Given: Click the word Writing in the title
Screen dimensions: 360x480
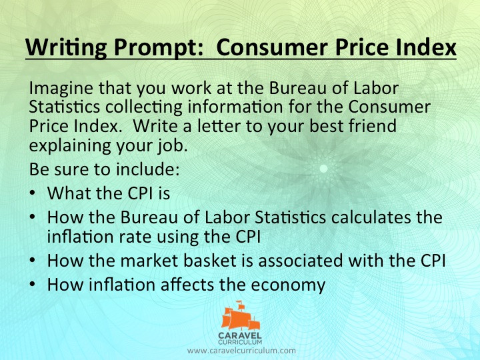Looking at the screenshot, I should point(57,49).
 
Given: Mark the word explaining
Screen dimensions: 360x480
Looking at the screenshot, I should point(68,143).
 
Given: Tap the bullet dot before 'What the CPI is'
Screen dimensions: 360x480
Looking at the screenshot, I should point(33,194).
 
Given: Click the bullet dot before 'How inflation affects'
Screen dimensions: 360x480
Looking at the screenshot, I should point(33,285).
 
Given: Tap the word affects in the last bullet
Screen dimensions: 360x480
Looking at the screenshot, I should point(203,285).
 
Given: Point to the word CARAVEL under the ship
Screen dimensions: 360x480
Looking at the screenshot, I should point(241,335).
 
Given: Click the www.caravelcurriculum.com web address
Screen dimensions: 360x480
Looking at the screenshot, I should point(241,350).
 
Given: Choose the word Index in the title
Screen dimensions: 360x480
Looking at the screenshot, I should point(425,49).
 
